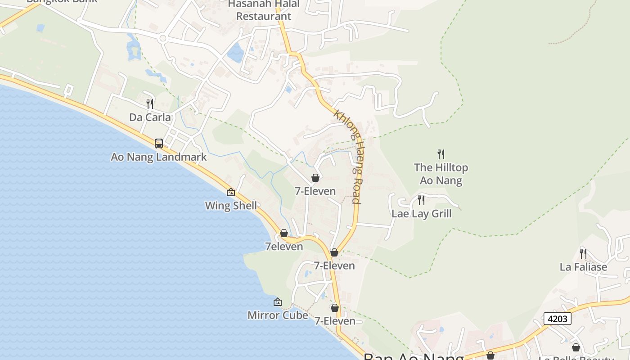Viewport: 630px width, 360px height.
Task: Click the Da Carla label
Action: point(150,117)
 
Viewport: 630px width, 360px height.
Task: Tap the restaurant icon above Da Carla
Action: point(150,104)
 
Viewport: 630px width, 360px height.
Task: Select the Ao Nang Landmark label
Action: point(158,157)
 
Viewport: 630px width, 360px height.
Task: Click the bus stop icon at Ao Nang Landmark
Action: point(159,144)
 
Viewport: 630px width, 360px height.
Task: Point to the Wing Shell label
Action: point(231,206)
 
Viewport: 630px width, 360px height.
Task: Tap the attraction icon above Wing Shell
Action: point(231,192)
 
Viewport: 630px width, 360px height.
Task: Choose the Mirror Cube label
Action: point(278,315)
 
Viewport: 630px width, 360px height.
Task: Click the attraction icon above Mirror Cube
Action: point(278,302)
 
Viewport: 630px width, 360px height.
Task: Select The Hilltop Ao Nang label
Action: point(441,174)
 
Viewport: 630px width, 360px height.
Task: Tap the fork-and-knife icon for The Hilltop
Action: point(441,154)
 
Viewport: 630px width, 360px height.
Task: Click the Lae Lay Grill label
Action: point(421,213)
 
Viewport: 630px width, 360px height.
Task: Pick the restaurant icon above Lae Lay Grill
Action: point(421,200)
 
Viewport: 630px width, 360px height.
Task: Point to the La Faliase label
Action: point(583,267)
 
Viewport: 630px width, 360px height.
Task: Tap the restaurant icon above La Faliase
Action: point(583,253)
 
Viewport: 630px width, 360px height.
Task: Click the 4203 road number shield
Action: point(557,319)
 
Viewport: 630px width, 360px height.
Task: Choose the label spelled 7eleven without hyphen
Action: point(284,246)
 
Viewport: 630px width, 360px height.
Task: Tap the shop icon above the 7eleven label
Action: point(284,233)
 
